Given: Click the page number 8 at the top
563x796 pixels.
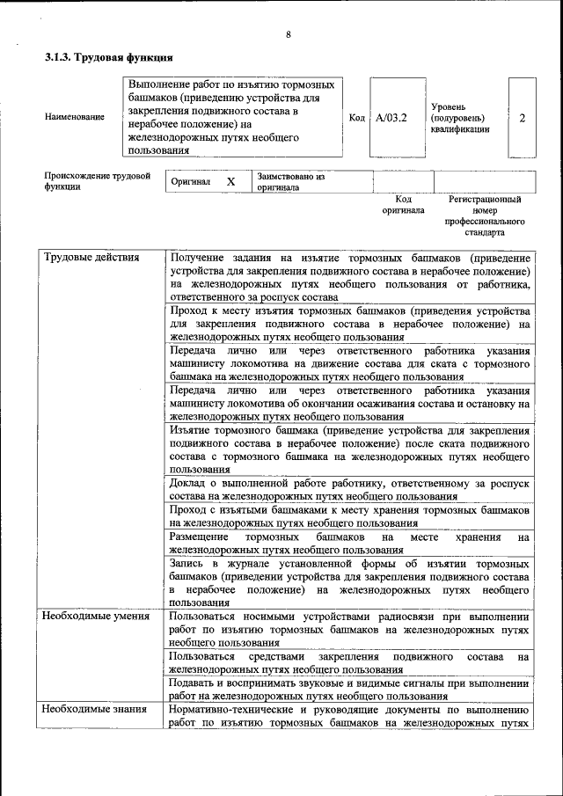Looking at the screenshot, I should coord(288,34).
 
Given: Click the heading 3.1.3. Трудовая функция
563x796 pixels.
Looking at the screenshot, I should coord(108,58).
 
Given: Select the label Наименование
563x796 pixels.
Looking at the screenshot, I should coord(75,117).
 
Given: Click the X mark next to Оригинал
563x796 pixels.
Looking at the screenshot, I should coord(230,181).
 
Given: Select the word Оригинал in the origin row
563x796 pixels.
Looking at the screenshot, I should coord(192,182).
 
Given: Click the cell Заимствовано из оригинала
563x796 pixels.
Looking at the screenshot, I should coord(291,182).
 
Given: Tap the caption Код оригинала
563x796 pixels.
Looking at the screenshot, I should coord(403,205).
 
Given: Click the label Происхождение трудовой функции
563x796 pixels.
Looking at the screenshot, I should coord(91,181).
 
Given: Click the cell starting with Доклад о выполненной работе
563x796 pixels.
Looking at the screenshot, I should coord(349,490).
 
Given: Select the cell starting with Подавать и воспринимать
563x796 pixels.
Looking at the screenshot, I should coord(349,689).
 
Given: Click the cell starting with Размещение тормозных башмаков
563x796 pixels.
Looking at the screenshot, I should coord(349,543).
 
